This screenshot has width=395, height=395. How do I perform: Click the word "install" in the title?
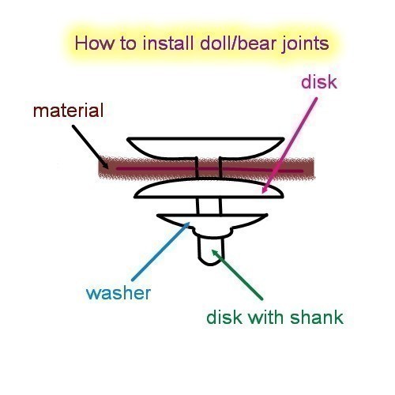click(168, 43)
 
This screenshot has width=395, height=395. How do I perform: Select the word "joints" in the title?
click(303, 44)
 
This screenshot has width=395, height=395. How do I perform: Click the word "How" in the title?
click(95, 43)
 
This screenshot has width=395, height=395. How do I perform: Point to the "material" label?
click(68, 111)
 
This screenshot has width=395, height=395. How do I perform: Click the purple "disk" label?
click(319, 82)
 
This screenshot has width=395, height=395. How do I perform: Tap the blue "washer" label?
click(118, 293)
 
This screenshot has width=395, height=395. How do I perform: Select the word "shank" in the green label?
click(317, 317)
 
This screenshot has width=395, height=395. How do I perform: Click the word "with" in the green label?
click(266, 317)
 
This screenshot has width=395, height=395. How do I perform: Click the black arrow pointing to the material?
click(90, 147)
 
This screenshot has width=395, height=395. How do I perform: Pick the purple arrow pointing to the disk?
click(290, 145)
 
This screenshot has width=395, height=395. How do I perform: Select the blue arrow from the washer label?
click(160, 251)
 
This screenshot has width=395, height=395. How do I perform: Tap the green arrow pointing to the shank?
click(237, 275)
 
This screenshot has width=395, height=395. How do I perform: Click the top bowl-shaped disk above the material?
click(205, 148)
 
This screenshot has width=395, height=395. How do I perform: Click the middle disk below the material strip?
click(209, 188)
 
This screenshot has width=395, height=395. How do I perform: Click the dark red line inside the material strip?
click(209, 169)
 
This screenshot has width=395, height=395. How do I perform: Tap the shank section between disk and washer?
click(209, 206)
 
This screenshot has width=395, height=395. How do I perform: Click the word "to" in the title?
click(129, 43)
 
